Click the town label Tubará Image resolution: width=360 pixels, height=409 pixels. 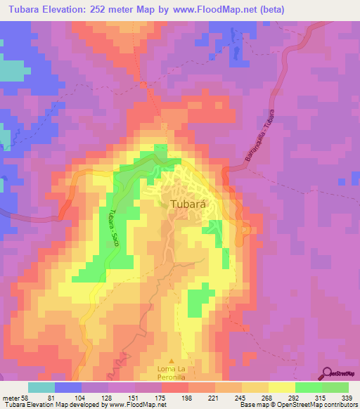(187, 204)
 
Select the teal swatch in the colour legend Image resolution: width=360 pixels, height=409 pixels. (41, 388)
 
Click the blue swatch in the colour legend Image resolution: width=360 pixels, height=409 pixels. (68, 388)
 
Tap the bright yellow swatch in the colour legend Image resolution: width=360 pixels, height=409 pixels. (282, 388)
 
